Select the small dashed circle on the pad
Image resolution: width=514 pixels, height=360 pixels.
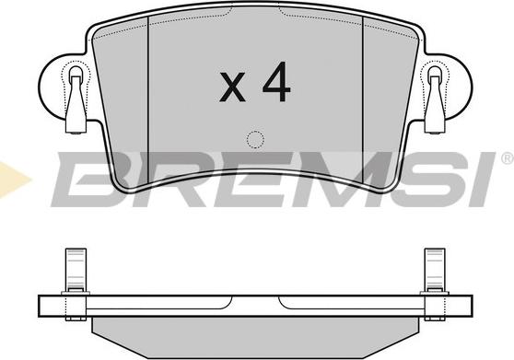(x=255, y=140)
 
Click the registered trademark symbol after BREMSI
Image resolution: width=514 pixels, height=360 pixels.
(x=505, y=160)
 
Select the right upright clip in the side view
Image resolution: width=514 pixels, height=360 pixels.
(x=433, y=273)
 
